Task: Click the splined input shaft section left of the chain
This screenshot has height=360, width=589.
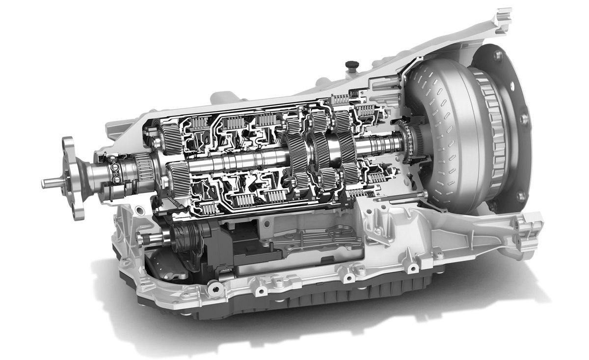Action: [x=383, y=145]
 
